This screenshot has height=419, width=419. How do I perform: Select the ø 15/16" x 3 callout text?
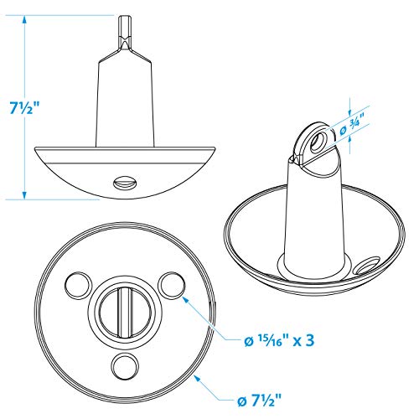(x=279, y=340)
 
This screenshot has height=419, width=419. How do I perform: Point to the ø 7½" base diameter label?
(x=260, y=401)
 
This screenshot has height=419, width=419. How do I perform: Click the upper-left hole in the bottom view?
(x=78, y=285)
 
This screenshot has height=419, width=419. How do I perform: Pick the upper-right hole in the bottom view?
(x=171, y=285)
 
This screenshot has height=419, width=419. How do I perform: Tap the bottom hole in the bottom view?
(x=125, y=365)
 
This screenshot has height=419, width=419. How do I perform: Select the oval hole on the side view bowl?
(x=125, y=184)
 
